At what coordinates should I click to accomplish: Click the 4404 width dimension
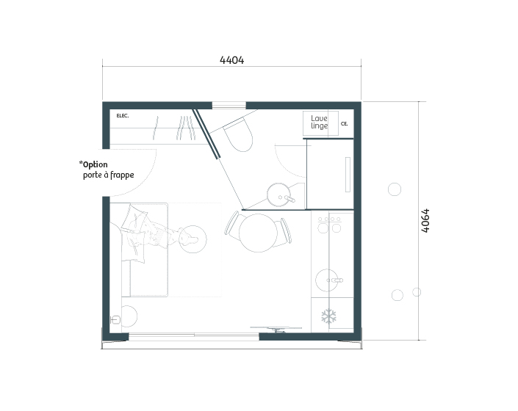(232, 60)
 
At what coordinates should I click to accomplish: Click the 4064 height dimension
(425, 220)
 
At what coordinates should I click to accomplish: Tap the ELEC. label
(123, 116)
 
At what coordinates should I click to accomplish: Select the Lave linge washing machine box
(320, 123)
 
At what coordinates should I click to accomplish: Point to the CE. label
(345, 124)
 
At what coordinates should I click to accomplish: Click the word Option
(95, 164)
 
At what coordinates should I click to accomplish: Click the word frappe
(122, 175)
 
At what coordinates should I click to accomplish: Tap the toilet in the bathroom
(239, 135)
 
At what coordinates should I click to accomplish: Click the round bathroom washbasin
(279, 195)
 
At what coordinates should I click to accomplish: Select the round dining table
(258, 233)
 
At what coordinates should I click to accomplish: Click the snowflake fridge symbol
(328, 316)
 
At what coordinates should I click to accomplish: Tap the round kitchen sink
(327, 280)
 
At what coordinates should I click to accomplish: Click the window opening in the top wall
(229, 106)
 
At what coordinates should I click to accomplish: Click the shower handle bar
(348, 175)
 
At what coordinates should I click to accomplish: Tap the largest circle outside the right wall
(395, 189)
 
